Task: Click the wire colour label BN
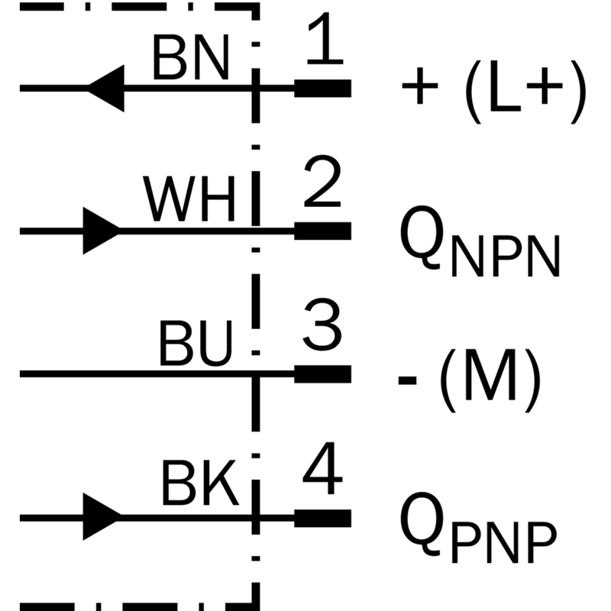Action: tap(190, 57)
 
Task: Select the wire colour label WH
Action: tap(189, 199)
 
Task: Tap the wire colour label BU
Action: tap(196, 343)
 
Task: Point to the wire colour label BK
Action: tap(199, 483)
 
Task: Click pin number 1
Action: tap(325, 39)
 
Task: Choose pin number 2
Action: tap(322, 181)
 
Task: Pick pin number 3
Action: tap(322, 325)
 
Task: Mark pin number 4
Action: tap(322, 468)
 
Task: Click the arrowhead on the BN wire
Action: tap(106, 89)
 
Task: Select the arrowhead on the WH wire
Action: tap(102, 231)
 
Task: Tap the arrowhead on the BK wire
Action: tap(102, 517)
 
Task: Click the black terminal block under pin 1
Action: tap(322, 89)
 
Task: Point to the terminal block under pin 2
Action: tap(322, 231)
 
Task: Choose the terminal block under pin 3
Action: tap(322, 374)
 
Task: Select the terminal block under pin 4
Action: tap(322, 519)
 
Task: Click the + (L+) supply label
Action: tap(494, 92)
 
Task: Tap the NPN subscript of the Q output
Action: tap(506, 256)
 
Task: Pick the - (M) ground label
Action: tap(470, 380)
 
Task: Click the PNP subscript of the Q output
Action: tap(504, 542)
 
